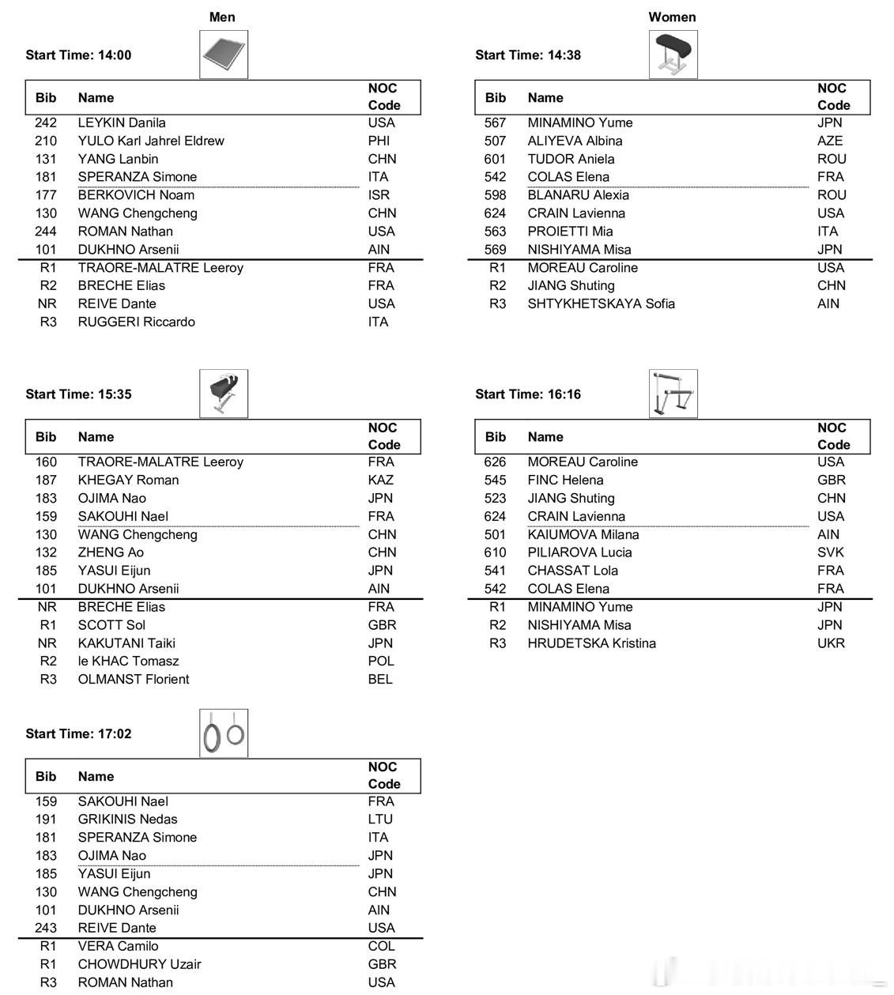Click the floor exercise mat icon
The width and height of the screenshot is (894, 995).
point(224,55)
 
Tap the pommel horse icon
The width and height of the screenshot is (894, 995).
point(224,394)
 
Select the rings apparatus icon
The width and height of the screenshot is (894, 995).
point(224,733)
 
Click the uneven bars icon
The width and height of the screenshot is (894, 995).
point(673,394)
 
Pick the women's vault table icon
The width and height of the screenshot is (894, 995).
point(673,55)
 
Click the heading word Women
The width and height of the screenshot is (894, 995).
point(672,17)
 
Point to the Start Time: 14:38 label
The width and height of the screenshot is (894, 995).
point(527,55)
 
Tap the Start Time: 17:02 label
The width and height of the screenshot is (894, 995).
point(78,734)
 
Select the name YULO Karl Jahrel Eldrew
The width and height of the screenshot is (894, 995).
point(151,141)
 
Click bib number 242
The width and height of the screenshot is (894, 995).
point(46,122)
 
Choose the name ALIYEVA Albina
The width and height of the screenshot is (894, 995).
point(575,141)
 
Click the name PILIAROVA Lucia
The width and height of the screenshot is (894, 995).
point(579,552)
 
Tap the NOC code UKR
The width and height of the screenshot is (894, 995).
point(831,643)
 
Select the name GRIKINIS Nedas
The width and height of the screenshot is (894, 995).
point(127,820)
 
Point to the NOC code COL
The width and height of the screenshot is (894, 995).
point(381,946)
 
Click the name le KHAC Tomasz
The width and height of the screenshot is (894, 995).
point(128,661)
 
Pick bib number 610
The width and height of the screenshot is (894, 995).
point(495,552)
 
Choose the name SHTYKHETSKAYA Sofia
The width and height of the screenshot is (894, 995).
point(601,303)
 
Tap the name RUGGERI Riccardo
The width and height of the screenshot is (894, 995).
point(136,322)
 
